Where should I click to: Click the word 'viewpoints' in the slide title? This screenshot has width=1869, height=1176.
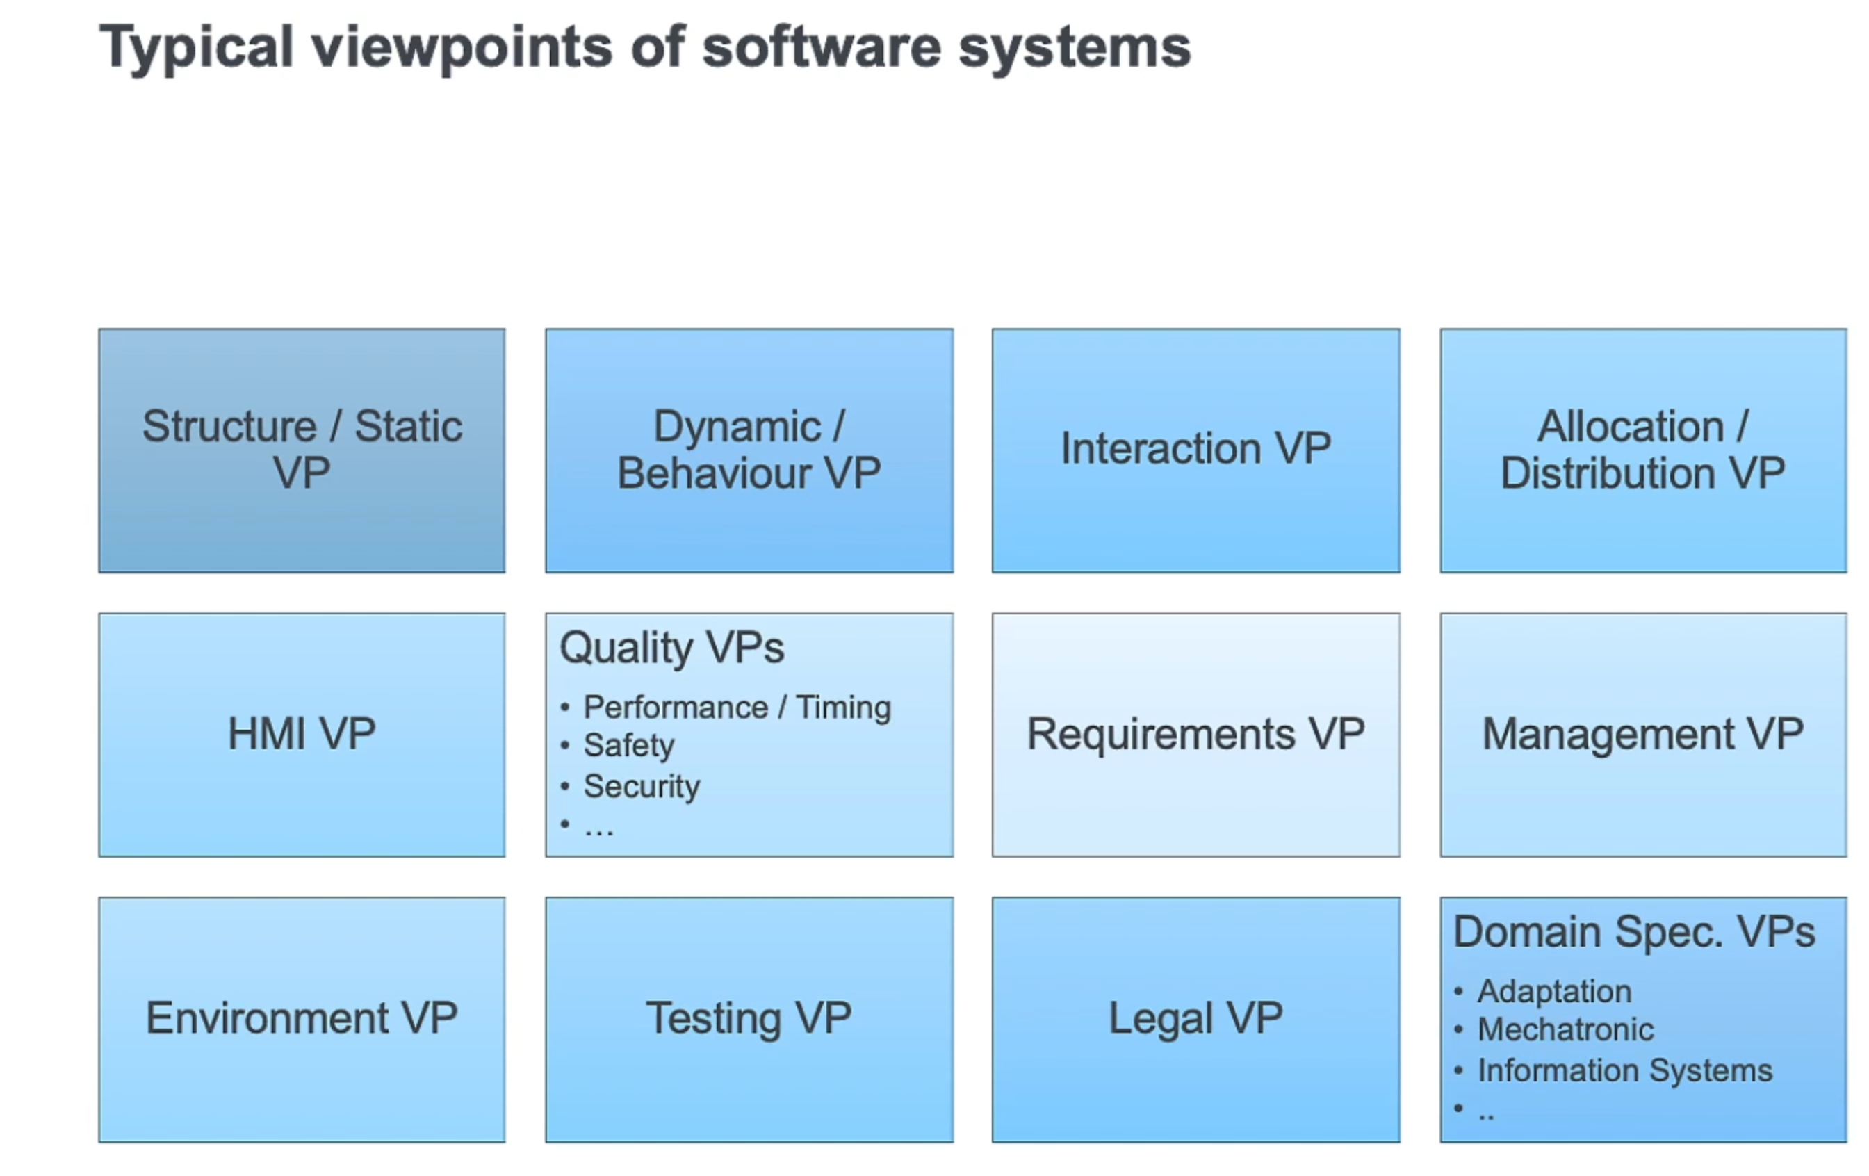pos(461,48)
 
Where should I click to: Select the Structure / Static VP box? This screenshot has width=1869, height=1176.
pos(301,450)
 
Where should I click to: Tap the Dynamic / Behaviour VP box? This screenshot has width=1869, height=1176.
pos(749,450)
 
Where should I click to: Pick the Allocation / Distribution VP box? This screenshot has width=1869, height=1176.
pos(1642,450)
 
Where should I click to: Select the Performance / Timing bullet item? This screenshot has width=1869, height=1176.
pos(737,707)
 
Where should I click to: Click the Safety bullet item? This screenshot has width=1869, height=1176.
pos(629,745)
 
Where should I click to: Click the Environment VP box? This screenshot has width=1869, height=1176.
pos(301,1018)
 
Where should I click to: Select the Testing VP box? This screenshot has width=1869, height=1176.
pos(749,1018)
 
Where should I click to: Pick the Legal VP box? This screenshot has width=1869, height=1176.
pos(1195,1018)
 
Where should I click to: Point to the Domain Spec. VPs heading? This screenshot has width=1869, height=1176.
pos(1634,931)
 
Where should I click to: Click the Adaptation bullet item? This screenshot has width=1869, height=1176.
pos(1554,991)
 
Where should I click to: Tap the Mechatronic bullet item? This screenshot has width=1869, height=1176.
pos(1565,1029)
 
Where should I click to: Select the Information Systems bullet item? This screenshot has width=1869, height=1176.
pos(1624,1070)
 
